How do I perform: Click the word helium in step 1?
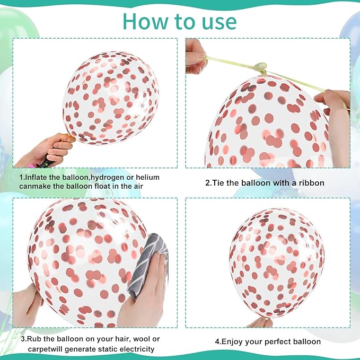pyautogui.click(x=147, y=177)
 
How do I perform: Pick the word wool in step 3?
pyautogui.click(x=142, y=339)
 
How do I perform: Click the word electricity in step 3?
pyautogui.click(x=138, y=349)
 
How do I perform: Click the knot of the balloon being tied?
pyautogui.click(x=261, y=67)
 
